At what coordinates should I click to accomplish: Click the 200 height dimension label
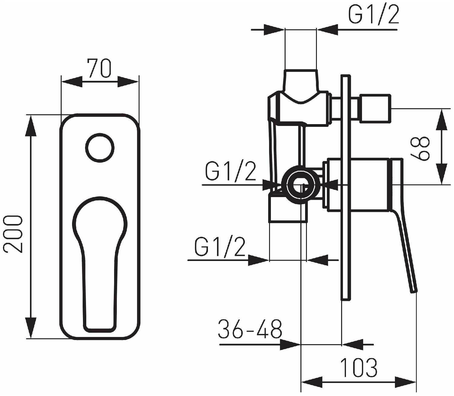(13, 234)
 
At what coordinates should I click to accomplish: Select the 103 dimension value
(359, 368)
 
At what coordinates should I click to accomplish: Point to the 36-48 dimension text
(250, 329)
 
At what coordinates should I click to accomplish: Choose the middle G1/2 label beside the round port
(231, 171)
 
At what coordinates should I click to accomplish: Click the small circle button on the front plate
(100, 148)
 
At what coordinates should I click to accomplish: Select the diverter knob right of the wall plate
(374, 109)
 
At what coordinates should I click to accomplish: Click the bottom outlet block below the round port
(288, 209)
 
